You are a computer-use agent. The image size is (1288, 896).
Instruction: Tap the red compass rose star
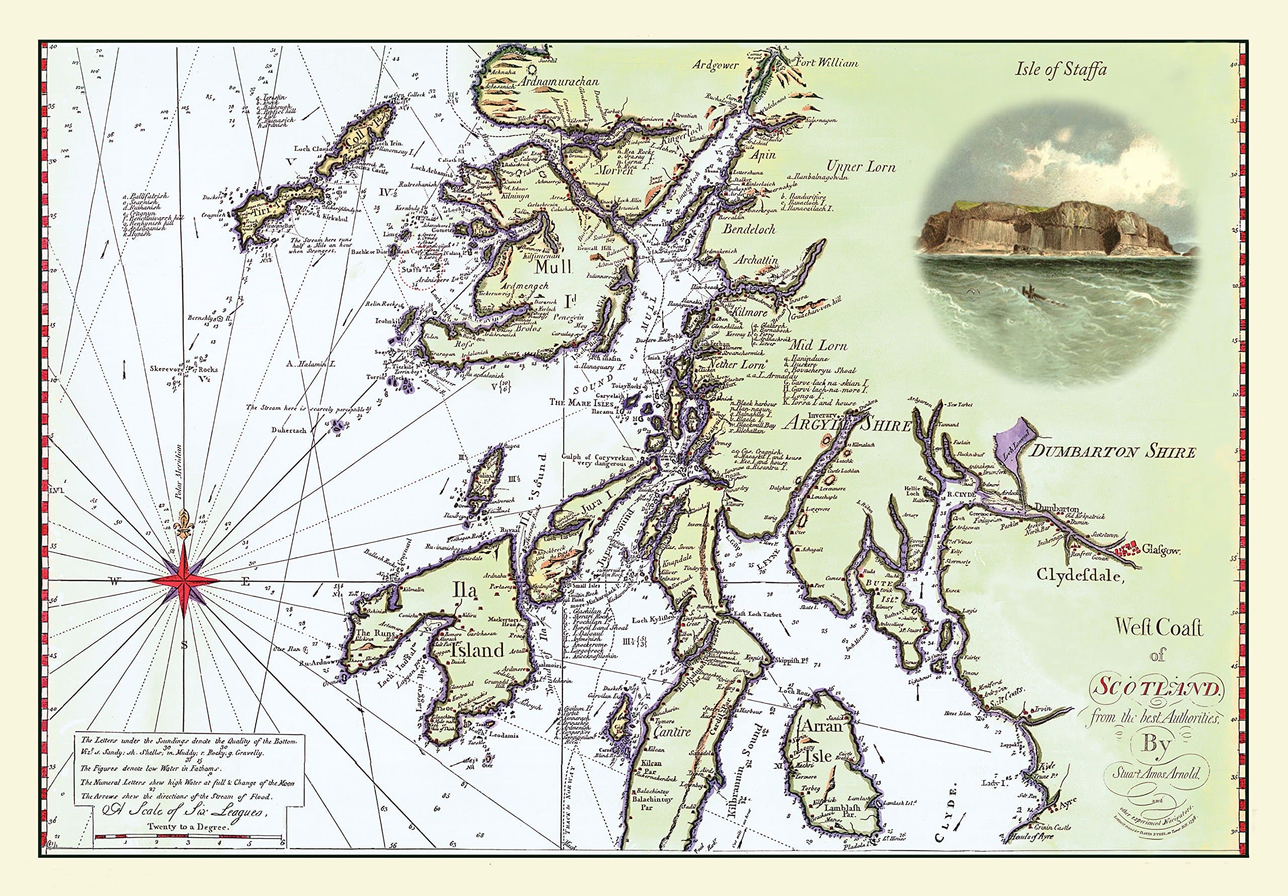click(184, 582)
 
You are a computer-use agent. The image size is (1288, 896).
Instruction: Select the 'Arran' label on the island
click(823, 726)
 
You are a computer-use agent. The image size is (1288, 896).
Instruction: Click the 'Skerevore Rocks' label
click(184, 370)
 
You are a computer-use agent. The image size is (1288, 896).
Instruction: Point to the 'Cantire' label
click(672, 731)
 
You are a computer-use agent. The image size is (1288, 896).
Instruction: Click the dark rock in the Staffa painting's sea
click(1030, 292)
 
